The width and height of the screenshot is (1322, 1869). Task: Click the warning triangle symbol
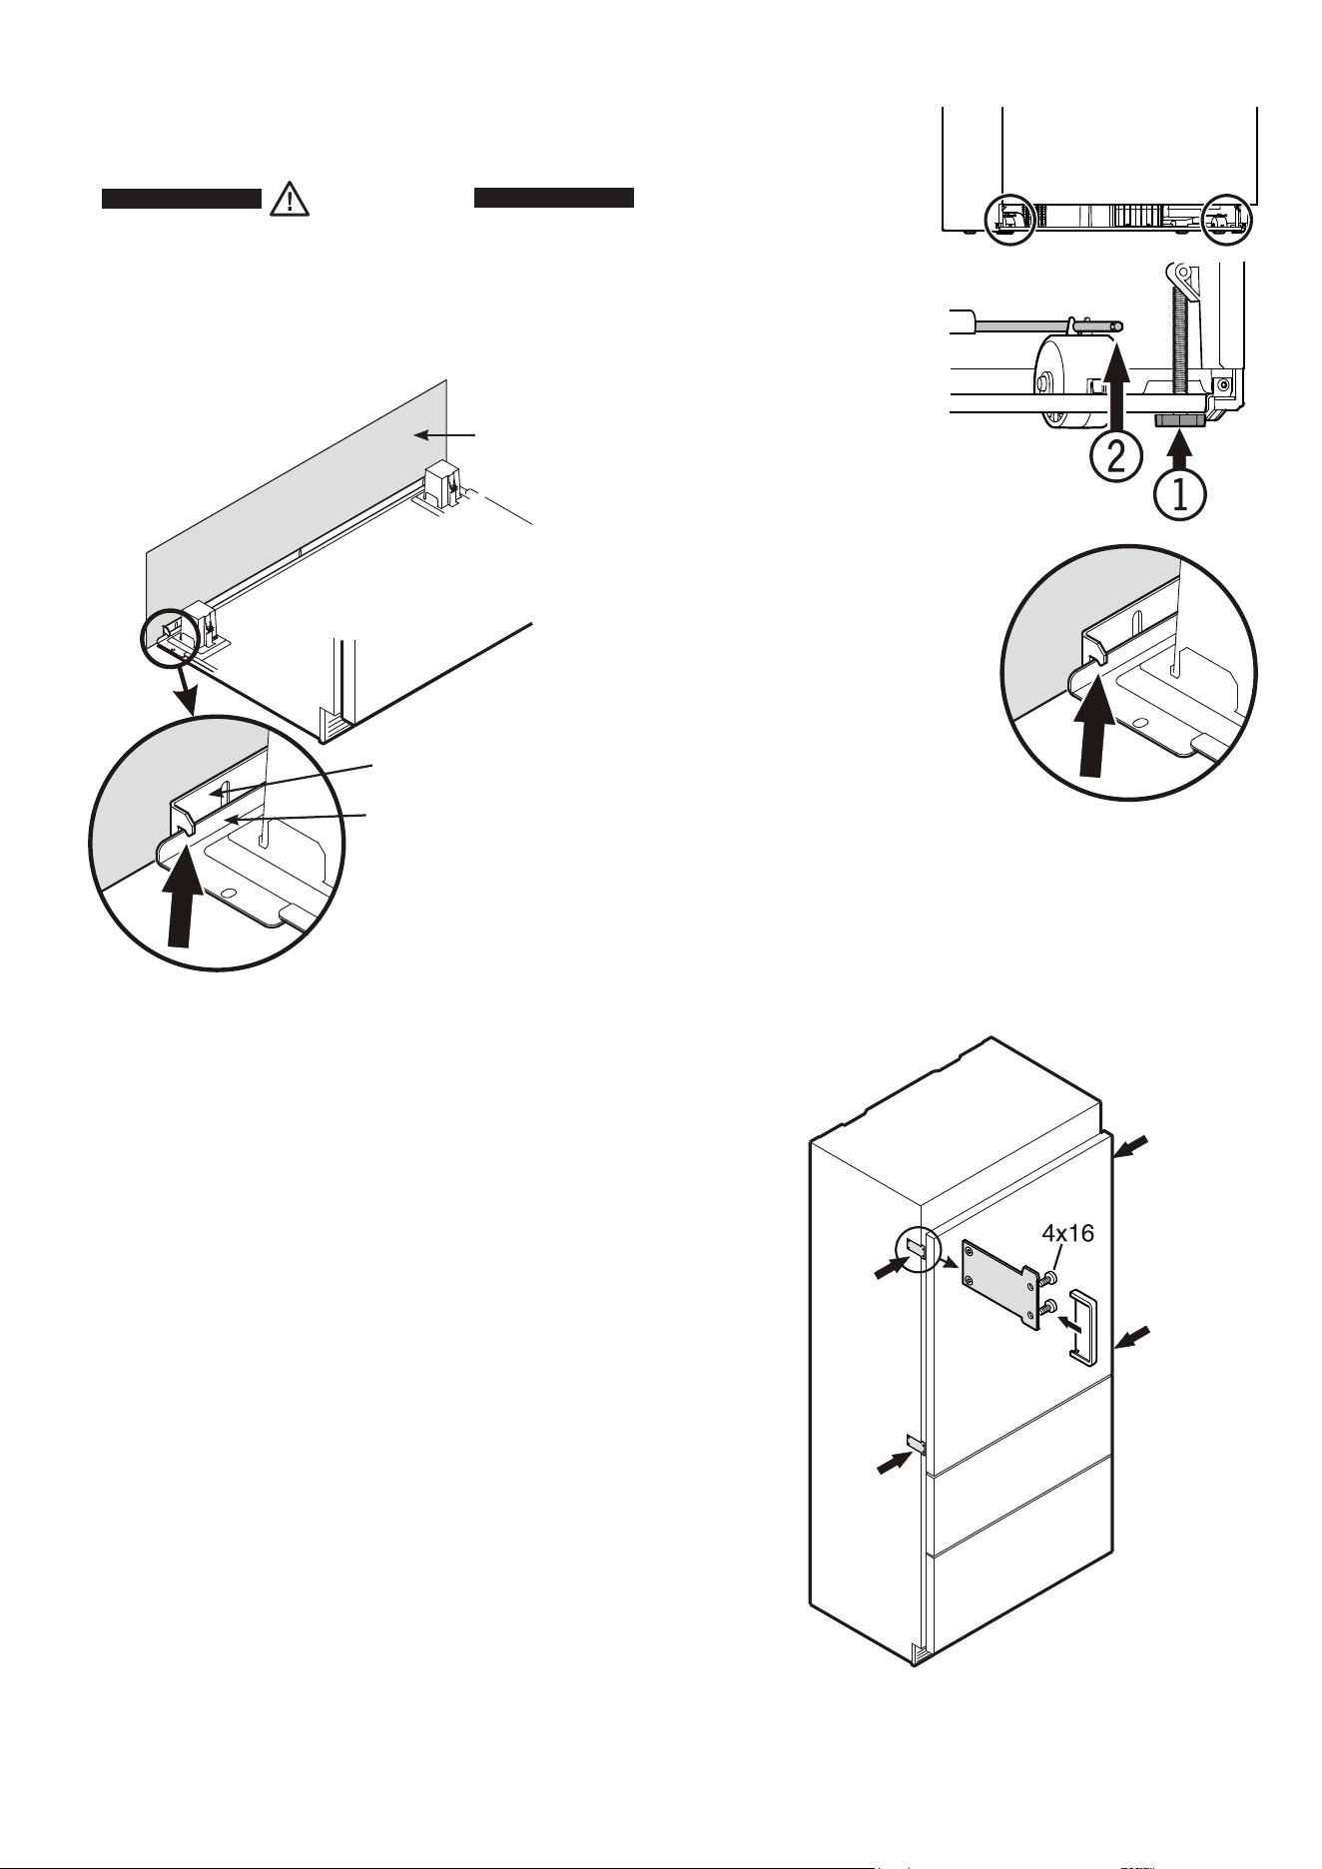(x=290, y=200)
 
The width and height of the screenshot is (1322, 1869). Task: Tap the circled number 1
(x=1180, y=495)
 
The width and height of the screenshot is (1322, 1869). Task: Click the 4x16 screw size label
(x=1067, y=1233)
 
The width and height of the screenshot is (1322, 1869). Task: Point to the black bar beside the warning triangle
(x=182, y=199)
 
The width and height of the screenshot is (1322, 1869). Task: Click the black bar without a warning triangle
(x=554, y=198)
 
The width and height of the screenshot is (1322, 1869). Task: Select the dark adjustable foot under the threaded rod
(x=1179, y=421)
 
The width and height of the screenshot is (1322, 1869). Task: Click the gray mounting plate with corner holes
(x=999, y=1284)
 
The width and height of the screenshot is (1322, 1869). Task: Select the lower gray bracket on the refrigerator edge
(x=917, y=1444)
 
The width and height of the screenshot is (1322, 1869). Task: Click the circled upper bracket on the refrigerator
(x=918, y=1248)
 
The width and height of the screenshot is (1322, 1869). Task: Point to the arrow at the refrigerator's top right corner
(x=1132, y=1145)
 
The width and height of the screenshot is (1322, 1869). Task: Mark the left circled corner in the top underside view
(x=1009, y=219)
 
